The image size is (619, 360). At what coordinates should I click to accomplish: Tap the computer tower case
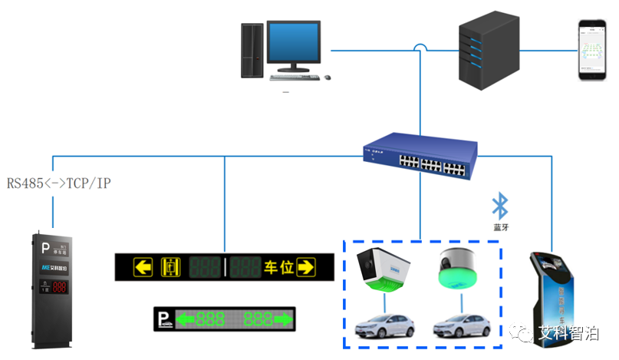[x=252, y=48]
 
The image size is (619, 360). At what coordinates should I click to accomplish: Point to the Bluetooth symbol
[x=500, y=205]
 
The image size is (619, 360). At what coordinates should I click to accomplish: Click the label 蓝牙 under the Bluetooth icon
[x=501, y=227]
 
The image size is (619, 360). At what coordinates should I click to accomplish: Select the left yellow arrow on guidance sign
[x=143, y=268]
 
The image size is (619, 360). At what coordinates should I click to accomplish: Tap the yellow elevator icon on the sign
[x=169, y=268]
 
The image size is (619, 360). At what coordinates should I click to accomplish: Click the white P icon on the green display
[x=163, y=319]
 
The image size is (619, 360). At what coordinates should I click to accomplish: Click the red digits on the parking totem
[x=58, y=288]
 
